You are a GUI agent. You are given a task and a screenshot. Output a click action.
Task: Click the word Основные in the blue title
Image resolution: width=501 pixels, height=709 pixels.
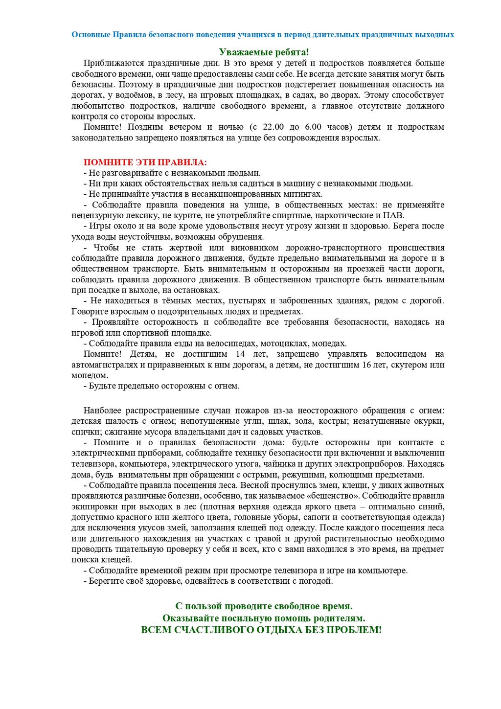91,35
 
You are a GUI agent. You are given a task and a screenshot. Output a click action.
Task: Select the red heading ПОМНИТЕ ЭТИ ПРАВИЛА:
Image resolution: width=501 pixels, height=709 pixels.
145,162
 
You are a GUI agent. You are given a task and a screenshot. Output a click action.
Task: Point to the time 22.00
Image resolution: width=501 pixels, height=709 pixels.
273,127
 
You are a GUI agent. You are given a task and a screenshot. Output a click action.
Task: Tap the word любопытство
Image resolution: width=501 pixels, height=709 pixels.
95,106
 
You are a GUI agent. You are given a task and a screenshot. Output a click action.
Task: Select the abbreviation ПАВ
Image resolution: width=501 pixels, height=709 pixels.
393,215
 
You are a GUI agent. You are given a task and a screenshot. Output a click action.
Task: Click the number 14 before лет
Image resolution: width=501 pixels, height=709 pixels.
240,354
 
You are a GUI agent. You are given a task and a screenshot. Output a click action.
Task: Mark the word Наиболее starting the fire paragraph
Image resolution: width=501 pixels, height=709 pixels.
102,411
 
